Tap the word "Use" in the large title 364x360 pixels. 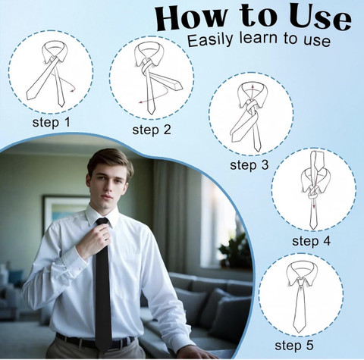tap(320, 17)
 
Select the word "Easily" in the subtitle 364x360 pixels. tap(209, 39)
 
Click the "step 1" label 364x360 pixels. tap(51, 123)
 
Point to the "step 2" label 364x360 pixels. tap(152, 130)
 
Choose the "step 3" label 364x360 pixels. tap(249, 165)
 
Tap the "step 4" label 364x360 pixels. tap(311, 241)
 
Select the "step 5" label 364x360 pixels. tap(294, 346)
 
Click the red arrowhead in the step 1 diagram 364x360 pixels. tap(73, 89)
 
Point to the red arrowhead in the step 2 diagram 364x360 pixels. tap(141, 102)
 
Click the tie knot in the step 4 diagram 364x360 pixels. tap(313, 193)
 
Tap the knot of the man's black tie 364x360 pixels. tap(102, 222)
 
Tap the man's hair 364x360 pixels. tap(111, 161)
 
